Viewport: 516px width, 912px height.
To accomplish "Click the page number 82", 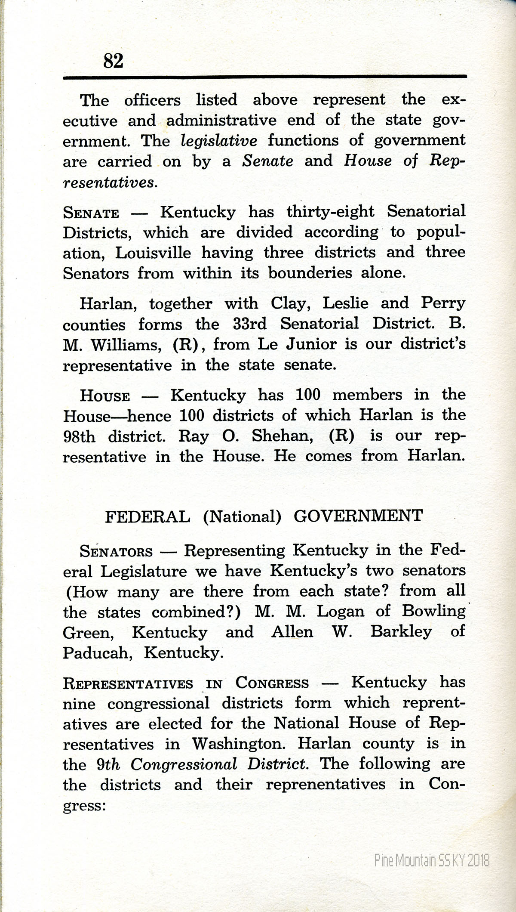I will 113,61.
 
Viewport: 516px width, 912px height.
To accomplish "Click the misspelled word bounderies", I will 307,273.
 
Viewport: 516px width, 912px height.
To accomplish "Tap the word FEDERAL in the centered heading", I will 147,516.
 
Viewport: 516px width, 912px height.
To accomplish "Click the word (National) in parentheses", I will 242,516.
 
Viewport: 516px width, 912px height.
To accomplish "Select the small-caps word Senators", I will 116,551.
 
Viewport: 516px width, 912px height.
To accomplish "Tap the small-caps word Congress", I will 272,683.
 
